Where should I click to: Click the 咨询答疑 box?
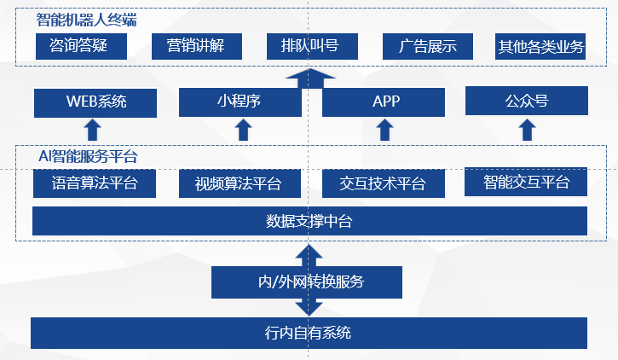82,46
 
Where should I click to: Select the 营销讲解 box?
196,46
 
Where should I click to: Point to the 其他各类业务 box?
541,47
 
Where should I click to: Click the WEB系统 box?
95,102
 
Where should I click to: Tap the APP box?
385,102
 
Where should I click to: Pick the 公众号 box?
526,102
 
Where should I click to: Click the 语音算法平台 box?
94,183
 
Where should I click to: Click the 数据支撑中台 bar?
309,221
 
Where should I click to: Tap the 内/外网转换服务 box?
306,281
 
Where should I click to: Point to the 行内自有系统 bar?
309,332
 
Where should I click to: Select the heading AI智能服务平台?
88,157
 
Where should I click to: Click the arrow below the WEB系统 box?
93,130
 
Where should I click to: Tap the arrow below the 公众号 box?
527,130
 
